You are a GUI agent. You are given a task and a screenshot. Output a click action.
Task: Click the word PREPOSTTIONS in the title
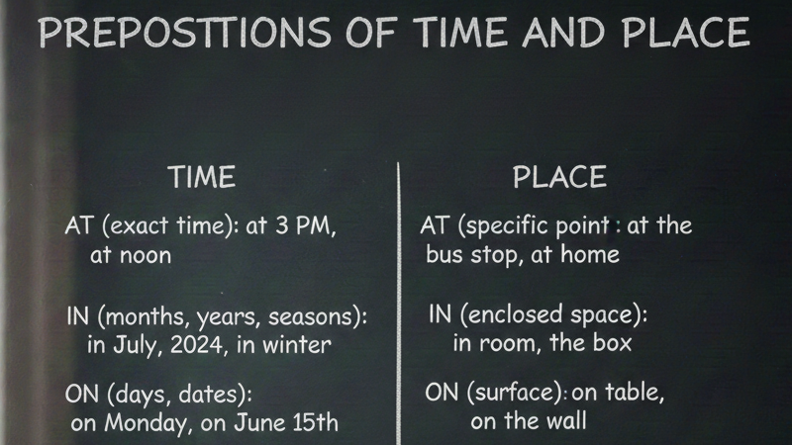pos(184,33)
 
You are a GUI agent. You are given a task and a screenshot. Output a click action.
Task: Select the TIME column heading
pos(202,177)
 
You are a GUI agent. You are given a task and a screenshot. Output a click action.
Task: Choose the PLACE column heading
pos(559,177)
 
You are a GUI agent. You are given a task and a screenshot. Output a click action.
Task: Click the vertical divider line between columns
pos(399,304)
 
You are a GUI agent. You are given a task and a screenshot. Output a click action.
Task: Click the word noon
pos(145,255)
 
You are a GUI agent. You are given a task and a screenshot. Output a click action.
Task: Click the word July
pos(137,346)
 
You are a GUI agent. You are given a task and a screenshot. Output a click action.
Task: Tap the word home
pos(590,254)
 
